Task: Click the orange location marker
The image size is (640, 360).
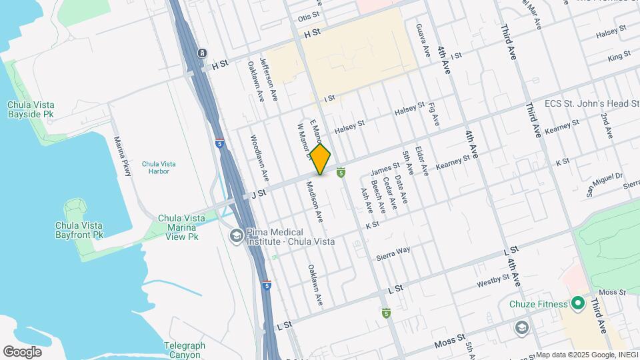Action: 320,159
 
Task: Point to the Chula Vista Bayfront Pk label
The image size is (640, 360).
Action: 79,230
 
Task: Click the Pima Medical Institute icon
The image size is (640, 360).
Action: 235,235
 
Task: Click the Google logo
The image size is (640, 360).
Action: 22,351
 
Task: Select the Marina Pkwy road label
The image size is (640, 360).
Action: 122,156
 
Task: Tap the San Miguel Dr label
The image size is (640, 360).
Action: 604,185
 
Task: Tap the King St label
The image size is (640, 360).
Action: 619,58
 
